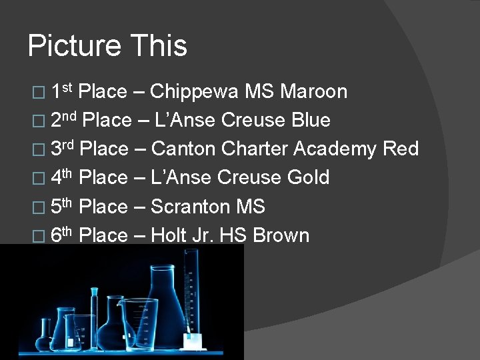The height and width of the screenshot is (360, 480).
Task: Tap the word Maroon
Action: (313, 91)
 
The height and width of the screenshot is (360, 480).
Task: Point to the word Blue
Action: (311, 120)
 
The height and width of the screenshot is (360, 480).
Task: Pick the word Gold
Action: (307, 177)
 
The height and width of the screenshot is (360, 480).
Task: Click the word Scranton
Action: (191, 207)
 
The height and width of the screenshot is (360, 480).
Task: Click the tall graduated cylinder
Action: (192, 293)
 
